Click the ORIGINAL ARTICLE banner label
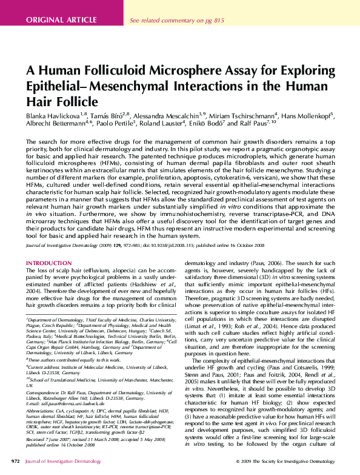62,19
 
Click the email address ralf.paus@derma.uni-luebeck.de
68,402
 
